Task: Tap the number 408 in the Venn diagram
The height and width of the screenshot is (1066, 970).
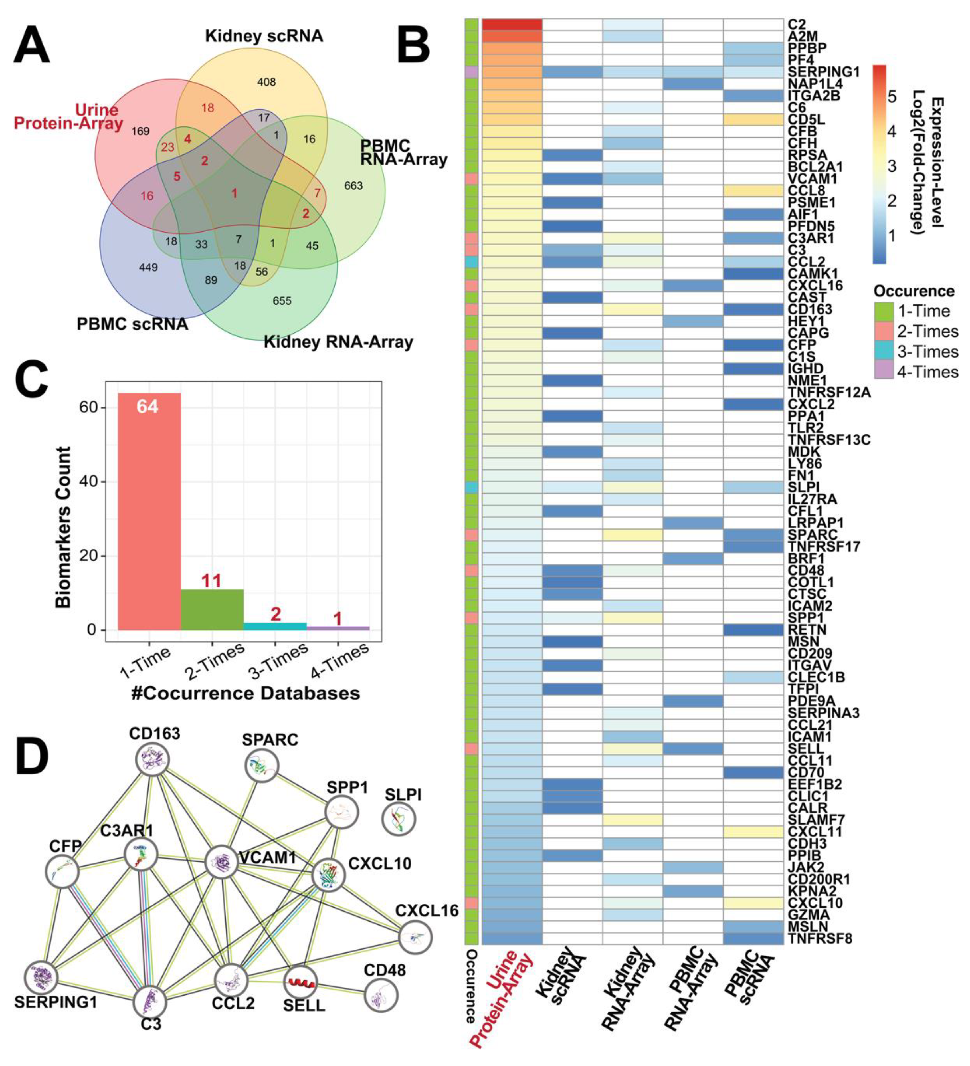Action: point(266,82)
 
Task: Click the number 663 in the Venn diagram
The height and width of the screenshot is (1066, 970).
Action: point(353,185)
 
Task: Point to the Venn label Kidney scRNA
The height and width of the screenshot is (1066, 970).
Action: point(264,36)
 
